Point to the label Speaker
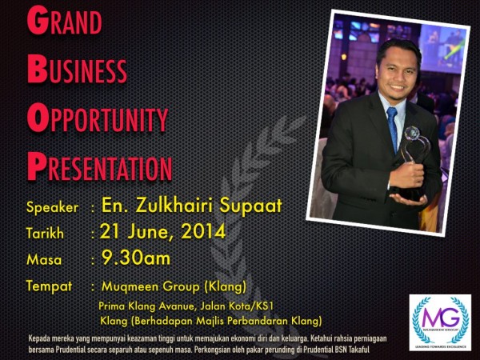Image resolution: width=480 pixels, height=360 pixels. coord(52,207)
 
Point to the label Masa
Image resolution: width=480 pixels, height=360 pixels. coord(44,260)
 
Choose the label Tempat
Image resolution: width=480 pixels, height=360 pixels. coord(50,286)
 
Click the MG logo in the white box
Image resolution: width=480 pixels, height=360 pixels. coord(439,318)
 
